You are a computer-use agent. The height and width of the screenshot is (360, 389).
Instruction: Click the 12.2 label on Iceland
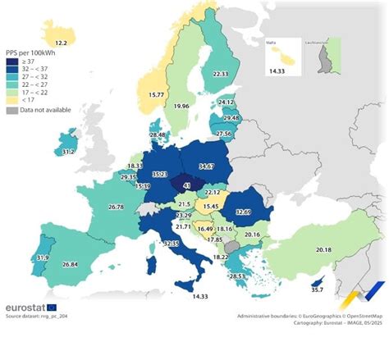[61, 42]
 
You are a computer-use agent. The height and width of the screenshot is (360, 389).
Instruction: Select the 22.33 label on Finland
[220, 75]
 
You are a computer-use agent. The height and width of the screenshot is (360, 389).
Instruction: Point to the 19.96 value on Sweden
[182, 106]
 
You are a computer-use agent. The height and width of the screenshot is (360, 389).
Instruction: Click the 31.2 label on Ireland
[69, 153]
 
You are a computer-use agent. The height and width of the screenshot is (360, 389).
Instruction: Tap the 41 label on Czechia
[187, 186]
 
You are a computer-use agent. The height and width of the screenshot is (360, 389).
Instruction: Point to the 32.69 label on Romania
[244, 212]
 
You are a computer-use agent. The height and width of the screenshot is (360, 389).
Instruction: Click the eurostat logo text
[29, 307]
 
